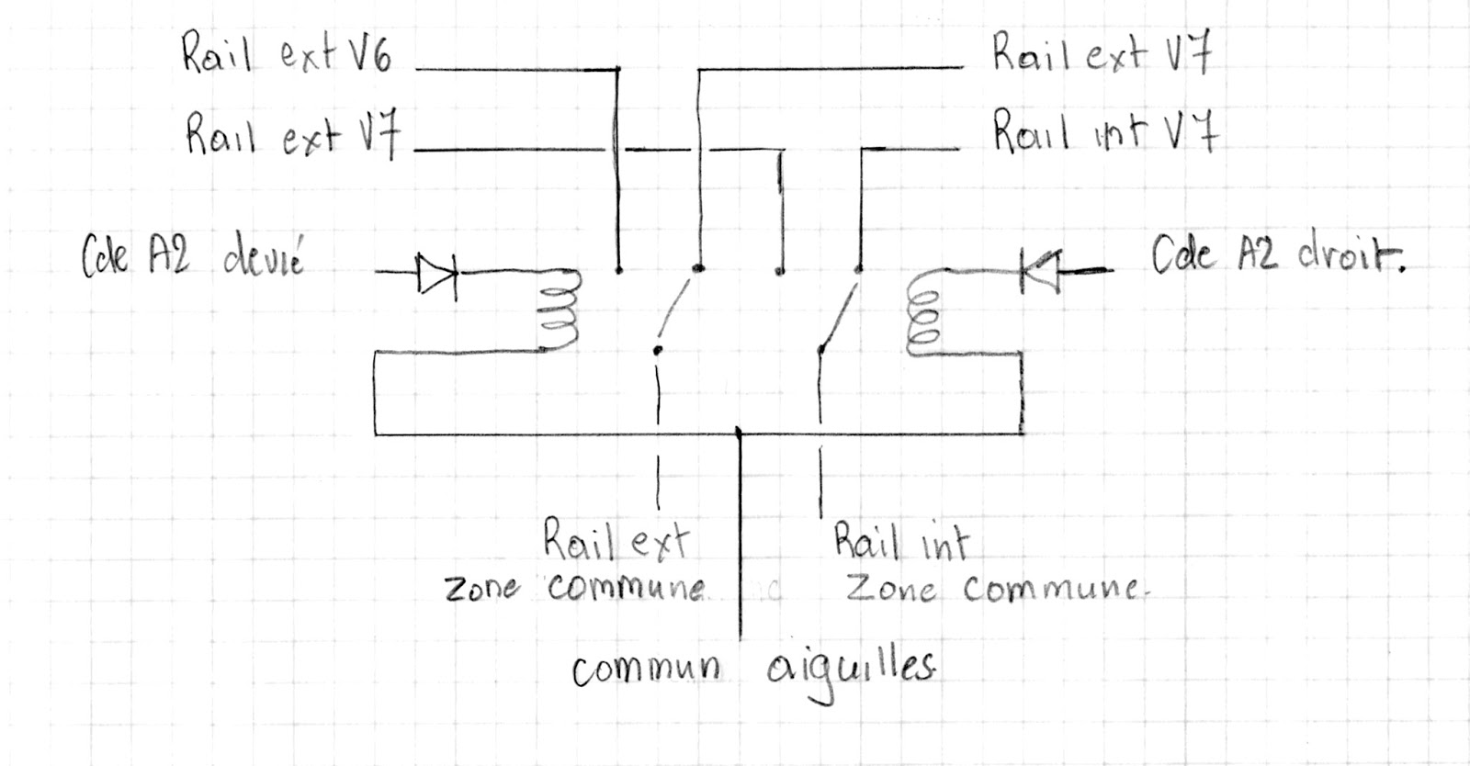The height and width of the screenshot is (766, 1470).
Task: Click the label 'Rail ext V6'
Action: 287,54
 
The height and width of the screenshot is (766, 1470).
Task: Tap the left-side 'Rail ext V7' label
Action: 293,135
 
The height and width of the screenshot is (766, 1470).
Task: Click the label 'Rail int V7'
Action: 1105,131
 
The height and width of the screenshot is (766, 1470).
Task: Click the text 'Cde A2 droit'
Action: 1278,256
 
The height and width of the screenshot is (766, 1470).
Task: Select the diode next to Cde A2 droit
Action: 1040,270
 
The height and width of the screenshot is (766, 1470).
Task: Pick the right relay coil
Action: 921,317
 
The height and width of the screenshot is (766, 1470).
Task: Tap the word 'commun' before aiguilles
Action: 646,671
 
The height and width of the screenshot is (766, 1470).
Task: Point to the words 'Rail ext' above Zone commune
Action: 615,541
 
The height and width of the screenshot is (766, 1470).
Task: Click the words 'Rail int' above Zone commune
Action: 900,542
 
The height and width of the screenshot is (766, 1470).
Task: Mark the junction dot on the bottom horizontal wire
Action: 740,431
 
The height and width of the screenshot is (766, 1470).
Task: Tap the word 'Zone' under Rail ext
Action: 482,589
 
